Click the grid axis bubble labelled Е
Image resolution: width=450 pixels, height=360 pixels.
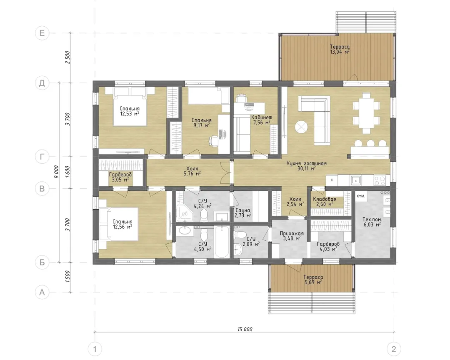[42, 33]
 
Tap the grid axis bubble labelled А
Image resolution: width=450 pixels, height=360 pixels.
[42, 292]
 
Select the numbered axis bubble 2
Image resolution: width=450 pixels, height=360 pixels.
[393, 349]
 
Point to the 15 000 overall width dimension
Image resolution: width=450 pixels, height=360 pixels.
[245, 329]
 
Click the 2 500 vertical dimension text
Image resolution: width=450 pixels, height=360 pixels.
[68, 57]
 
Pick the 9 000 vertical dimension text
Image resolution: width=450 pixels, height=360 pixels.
[57, 172]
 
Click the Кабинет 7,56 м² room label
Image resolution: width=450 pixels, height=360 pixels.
[261, 120]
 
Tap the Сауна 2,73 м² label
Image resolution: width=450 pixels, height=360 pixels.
[243, 213]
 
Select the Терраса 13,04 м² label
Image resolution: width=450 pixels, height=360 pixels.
[340, 50]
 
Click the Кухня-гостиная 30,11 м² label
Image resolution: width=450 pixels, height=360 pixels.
[307, 166]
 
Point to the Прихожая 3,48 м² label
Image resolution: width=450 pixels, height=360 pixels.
[292, 236]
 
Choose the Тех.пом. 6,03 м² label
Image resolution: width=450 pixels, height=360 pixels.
[373, 222]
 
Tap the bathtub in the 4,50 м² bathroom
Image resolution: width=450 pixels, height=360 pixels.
[222, 242]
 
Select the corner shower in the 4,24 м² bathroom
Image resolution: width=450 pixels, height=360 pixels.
[184, 213]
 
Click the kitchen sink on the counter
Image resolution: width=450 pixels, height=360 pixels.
[356, 180]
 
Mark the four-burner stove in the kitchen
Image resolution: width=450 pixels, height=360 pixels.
[380, 180]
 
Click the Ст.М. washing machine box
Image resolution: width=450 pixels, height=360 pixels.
[361, 196]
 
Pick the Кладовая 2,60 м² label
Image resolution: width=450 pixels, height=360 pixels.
[325, 202]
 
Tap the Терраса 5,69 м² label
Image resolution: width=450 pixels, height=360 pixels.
[313, 280]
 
